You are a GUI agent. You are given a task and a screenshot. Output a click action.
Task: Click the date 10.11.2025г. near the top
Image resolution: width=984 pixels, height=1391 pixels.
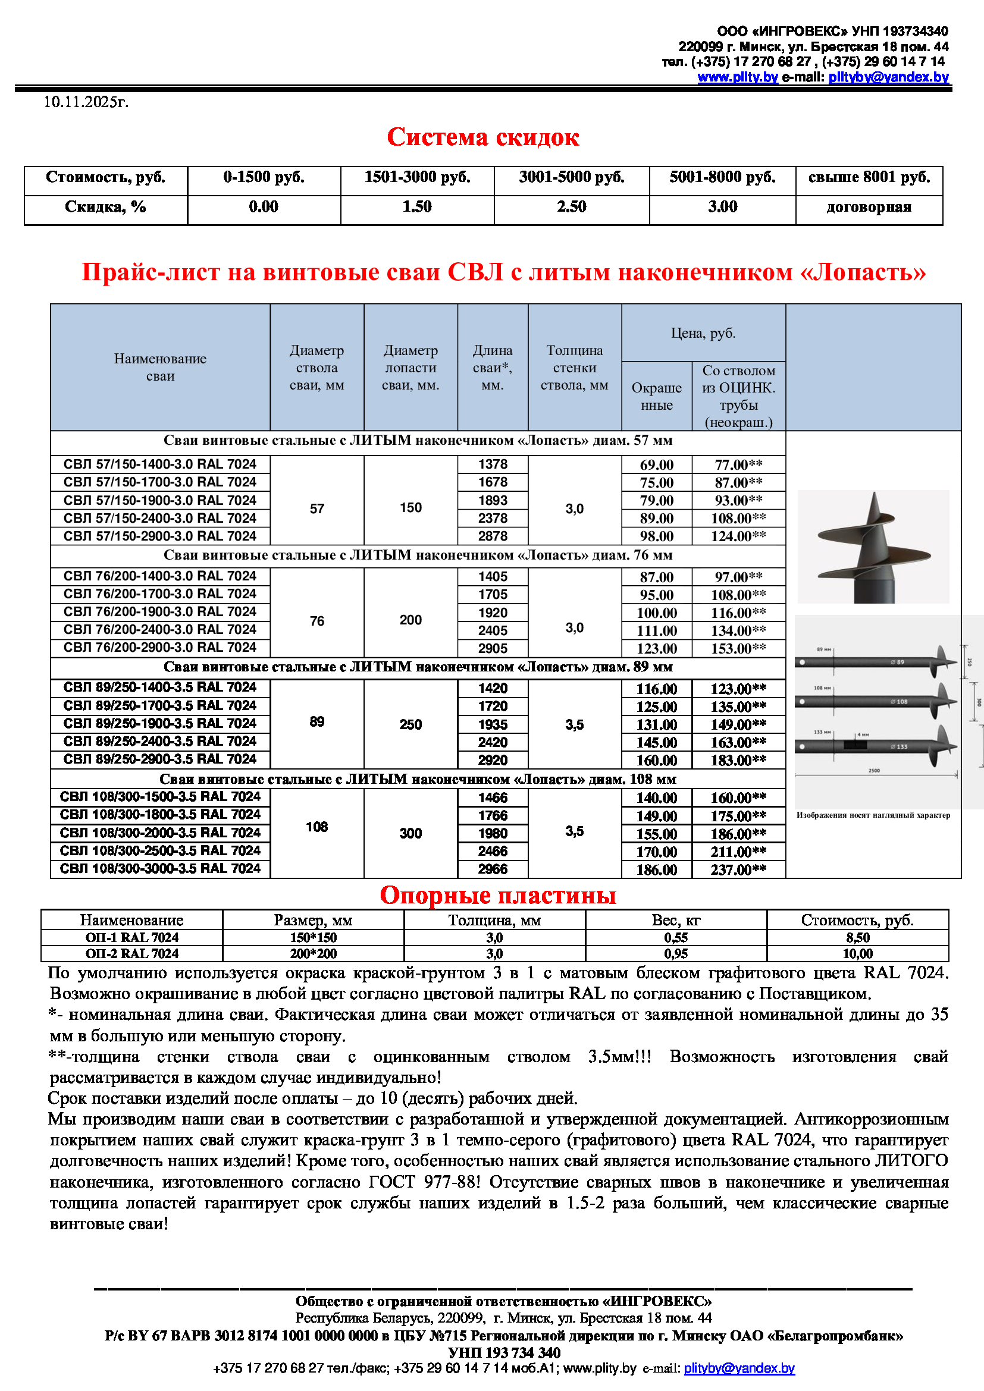[86, 102]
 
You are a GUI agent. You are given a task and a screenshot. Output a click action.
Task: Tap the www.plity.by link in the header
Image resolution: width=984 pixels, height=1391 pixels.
[737, 77]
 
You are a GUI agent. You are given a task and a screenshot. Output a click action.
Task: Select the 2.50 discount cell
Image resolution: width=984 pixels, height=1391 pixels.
[571, 207]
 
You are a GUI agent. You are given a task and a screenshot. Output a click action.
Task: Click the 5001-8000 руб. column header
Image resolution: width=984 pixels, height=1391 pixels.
[722, 177]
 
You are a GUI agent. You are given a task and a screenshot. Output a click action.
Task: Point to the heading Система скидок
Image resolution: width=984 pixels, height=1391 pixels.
[483, 137]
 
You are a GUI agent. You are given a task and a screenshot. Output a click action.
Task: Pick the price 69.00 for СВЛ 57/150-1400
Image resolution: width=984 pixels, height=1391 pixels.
[656, 464]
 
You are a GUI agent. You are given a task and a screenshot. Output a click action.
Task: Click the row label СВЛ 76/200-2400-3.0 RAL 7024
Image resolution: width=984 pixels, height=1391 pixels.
[160, 629]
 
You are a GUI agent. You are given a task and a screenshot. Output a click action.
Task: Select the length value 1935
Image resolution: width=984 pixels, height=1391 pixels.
[493, 724]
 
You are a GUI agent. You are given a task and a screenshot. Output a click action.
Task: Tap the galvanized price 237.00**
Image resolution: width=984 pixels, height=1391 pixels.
[738, 869]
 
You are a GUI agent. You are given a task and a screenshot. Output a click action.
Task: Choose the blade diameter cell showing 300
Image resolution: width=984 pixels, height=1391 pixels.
[410, 833]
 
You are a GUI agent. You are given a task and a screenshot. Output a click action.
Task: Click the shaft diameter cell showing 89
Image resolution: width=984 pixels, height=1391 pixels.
[317, 721]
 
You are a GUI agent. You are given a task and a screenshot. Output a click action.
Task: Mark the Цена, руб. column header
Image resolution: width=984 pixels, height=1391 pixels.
[703, 333]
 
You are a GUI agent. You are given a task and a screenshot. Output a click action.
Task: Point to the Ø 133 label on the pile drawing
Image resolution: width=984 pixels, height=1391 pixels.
[899, 746]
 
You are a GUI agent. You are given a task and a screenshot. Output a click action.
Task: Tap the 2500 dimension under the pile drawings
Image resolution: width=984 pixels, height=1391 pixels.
[874, 771]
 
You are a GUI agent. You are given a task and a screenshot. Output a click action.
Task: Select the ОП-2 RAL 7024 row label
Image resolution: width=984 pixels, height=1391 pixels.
[131, 953]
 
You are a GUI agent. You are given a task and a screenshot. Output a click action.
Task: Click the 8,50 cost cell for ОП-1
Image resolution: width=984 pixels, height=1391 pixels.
[857, 937]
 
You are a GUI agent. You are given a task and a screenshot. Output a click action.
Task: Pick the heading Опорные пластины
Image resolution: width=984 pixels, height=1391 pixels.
[497, 896]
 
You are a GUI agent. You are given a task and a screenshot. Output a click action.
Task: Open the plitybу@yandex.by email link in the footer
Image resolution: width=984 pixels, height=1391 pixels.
[739, 1368]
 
